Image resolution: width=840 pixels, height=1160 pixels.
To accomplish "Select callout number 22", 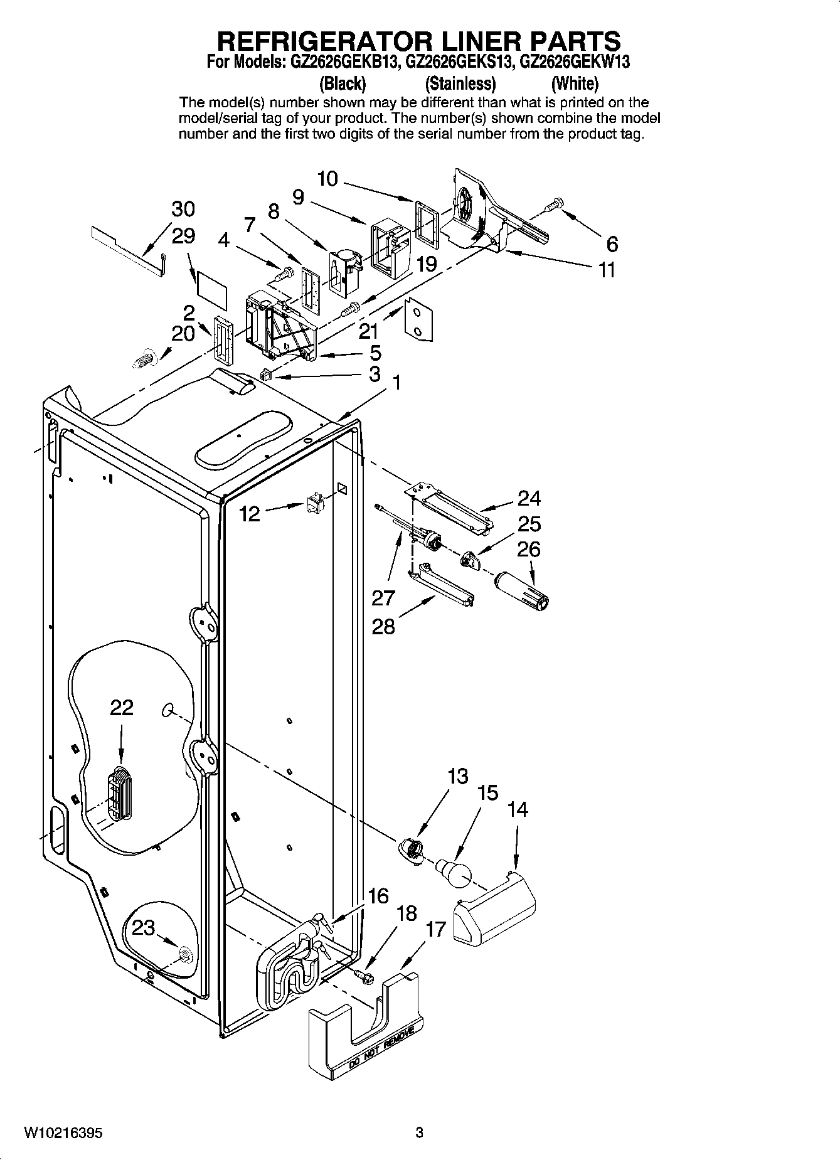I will tap(122, 708).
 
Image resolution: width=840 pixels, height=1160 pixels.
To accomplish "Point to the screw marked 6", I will tap(555, 205).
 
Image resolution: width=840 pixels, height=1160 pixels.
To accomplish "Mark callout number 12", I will tap(250, 514).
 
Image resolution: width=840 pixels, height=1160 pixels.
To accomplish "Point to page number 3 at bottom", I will tap(420, 1133).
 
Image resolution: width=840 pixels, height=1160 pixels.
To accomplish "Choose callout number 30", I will tap(183, 209).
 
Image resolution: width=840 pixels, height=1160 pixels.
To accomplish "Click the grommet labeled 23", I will tap(184, 955).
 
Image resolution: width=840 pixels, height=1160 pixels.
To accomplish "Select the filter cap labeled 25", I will tap(470, 560).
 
